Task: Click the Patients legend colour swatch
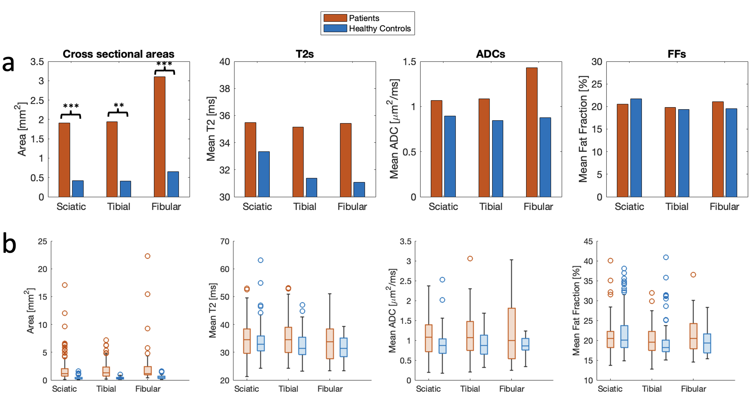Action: pos(335,18)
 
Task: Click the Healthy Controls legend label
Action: pos(380,28)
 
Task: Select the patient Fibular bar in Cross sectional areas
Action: pos(160,137)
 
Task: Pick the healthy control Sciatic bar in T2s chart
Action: pos(264,174)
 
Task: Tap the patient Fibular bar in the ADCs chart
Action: pos(532,132)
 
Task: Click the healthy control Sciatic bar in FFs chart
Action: pos(636,148)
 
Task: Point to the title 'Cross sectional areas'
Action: pos(118,54)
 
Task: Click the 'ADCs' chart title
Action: pos(490,54)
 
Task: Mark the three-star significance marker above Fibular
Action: pos(164,64)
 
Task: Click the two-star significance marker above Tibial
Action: pos(119,105)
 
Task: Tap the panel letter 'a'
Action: pos(8,63)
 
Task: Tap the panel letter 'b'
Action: pos(9,244)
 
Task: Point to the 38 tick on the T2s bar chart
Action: pos(225,89)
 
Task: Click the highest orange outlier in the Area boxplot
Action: pos(147,256)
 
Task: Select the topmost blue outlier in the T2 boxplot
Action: pos(260,260)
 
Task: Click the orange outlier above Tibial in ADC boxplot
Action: pos(470,259)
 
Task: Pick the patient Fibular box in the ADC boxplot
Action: pos(512,333)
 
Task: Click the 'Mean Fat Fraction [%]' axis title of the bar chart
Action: pos(583,129)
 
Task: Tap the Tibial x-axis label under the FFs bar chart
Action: pos(677,207)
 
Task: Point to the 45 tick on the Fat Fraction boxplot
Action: pos(588,241)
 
